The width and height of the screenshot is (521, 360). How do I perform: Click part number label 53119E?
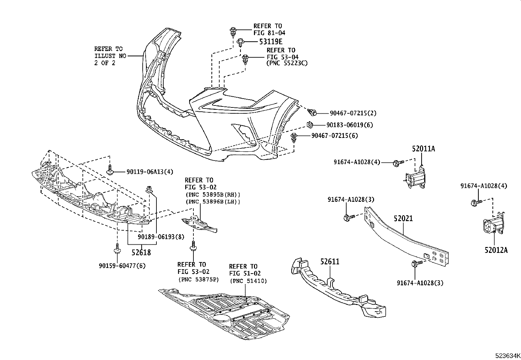271,42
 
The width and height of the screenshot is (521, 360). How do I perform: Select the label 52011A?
423,149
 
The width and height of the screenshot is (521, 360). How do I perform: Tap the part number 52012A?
496,250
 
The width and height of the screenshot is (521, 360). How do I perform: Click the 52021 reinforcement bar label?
403,218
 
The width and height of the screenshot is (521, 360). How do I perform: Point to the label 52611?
330,262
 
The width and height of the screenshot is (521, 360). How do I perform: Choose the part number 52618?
141,253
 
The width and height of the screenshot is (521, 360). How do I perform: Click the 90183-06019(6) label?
350,125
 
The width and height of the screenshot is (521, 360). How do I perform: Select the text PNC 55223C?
287,63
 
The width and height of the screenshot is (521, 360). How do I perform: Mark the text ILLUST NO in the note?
110,56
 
